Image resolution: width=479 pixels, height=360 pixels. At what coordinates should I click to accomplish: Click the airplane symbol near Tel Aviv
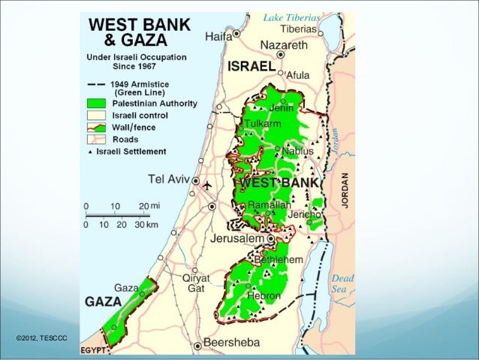point(208,184)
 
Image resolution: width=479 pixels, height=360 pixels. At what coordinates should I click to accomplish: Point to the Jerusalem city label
point(238,240)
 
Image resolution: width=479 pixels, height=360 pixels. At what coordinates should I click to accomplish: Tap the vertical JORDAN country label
point(345,194)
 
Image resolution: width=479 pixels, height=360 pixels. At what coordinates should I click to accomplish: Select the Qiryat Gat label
point(197,283)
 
